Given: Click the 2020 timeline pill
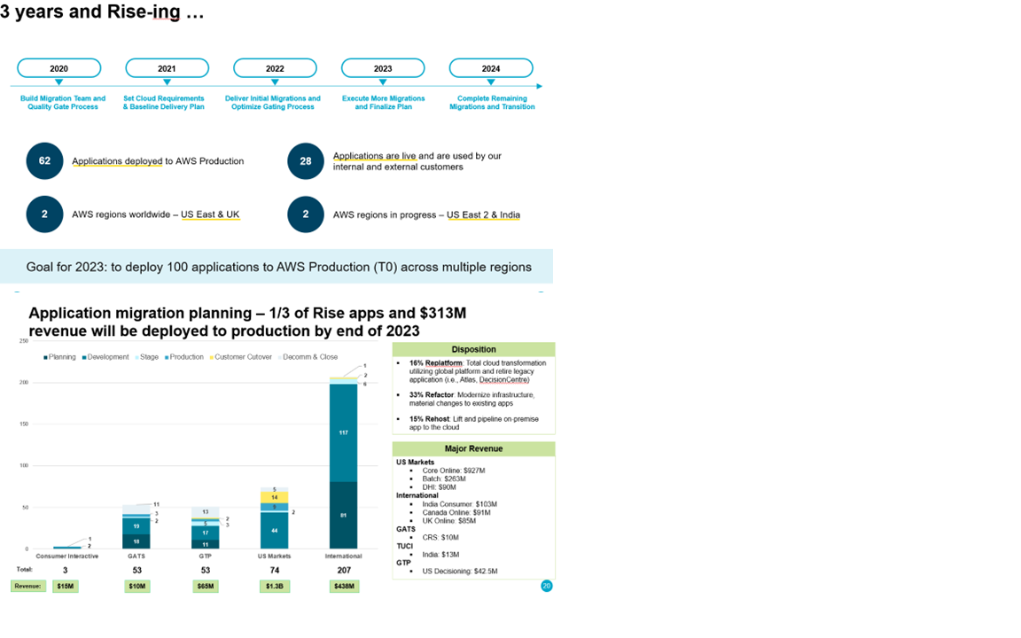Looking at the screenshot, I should tap(58, 68).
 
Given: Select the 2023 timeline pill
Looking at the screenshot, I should tap(383, 68).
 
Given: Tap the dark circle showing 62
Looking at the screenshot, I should tap(44, 160).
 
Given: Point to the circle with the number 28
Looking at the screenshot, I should tap(306, 160).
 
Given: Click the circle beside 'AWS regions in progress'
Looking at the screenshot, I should tap(306, 214).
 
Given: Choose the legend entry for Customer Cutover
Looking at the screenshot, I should tap(240, 357).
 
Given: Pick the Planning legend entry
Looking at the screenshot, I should tap(60, 357).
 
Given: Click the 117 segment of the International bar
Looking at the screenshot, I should tap(343, 432).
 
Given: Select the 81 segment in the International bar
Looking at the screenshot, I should tap(343, 515).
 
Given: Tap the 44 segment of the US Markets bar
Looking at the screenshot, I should tap(274, 530).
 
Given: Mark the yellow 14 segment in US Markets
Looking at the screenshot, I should tap(274, 497).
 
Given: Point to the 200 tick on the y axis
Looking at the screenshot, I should tap(24, 382).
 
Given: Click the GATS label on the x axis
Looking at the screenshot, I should tap(136, 556).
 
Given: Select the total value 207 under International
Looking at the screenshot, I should tap(343, 570).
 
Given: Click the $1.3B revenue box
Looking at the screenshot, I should tap(274, 587).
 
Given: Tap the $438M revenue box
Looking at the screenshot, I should tap(343, 587).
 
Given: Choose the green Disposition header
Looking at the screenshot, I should tap(473, 349).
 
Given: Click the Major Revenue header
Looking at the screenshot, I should tap(473, 449).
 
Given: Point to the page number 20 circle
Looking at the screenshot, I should tap(546, 586).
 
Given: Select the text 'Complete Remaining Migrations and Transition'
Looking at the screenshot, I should tap(492, 103).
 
